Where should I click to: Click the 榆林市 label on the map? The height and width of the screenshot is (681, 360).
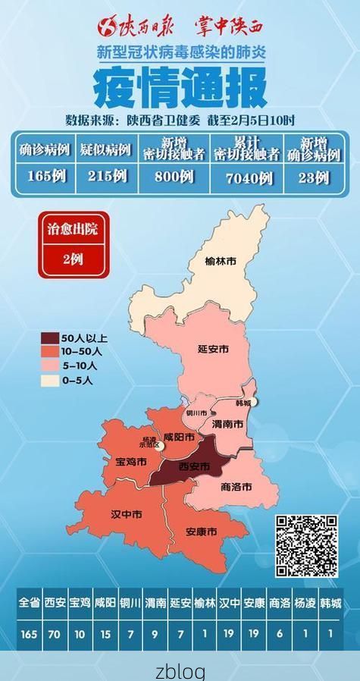pos(221,261)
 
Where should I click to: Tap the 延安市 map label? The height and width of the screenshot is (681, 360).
pos(213,349)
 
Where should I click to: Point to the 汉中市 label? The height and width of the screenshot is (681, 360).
pos(127,514)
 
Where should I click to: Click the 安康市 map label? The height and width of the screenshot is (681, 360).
pos(202,531)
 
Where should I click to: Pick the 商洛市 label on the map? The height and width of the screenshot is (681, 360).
pos(236,486)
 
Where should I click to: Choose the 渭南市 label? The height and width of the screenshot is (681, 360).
pos(227,424)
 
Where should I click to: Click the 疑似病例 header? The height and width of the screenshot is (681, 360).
pos(106,149)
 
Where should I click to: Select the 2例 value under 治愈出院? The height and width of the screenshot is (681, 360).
pos(73,259)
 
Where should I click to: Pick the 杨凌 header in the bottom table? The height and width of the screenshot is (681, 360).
pos(306,604)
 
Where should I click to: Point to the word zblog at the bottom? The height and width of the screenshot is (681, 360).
pos(180,670)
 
